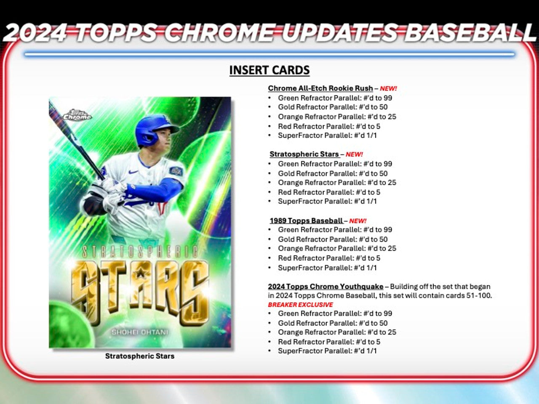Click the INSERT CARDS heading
pyautogui.click(x=269, y=70)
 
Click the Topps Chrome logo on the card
pyautogui.click(x=77, y=115)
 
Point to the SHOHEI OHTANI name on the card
pyautogui.click(x=140, y=332)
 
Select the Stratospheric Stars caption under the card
pyautogui.click(x=140, y=356)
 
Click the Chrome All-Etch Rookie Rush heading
pyautogui.click(x=320, y=88)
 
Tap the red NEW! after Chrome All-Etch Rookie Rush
pyautogui.click(x=388, y=88)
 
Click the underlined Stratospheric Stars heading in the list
pyautogui.click(x=304, y=154)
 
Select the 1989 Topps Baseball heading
pyautogui.click(x=306, y=221)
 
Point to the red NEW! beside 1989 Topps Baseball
pyautogui.click(x=358, y=221)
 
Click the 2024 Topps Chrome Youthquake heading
pyautogui.click(x=326, y=287)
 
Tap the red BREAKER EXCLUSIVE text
pyautogui.click(x=300, y=305)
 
